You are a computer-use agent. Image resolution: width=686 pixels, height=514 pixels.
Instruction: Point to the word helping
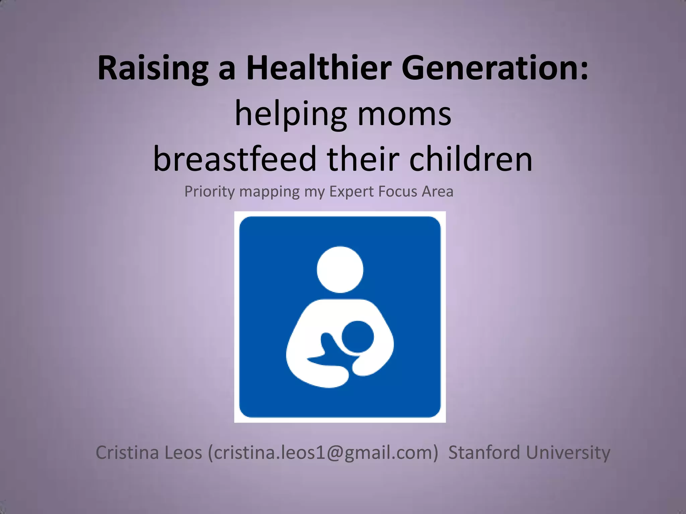click(290, 114)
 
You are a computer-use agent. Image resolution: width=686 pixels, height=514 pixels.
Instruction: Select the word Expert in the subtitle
click(351, 192)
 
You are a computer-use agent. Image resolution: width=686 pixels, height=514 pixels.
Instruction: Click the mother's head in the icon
click(340, 269)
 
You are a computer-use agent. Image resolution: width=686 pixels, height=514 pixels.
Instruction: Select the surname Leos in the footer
click(183, 453)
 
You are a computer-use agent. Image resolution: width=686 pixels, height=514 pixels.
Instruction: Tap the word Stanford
click(484, 453)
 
